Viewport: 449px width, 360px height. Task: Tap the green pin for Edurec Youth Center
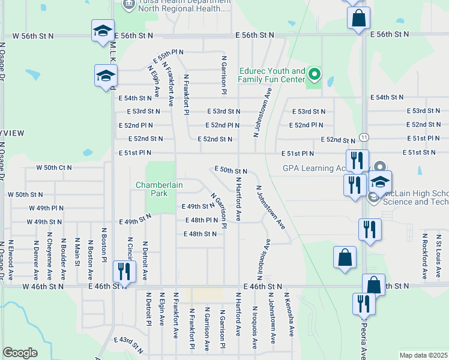314,75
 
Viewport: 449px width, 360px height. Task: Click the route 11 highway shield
364,137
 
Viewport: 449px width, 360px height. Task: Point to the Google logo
20,353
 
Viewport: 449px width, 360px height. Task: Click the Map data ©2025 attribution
423,355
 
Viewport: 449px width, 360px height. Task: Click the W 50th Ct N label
53,167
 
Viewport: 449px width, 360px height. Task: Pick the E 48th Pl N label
202,220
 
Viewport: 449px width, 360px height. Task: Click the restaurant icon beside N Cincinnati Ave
124,271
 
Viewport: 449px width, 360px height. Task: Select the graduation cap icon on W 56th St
103,31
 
